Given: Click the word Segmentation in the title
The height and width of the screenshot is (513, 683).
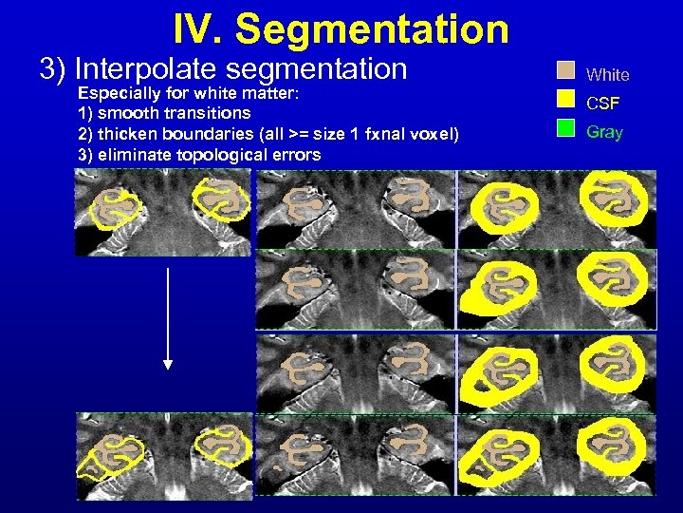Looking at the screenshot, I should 372,29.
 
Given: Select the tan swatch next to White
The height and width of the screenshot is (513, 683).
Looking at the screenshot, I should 566,71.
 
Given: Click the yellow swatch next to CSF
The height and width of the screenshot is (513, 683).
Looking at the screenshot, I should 566,99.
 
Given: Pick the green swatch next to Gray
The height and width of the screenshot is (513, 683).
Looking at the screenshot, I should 566,128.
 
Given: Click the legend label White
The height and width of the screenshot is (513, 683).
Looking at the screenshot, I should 608,74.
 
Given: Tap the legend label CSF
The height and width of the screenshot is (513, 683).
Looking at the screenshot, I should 603,103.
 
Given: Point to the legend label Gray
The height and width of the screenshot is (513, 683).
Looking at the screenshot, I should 604,132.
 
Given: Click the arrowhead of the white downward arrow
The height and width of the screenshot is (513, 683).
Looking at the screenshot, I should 168,363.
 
